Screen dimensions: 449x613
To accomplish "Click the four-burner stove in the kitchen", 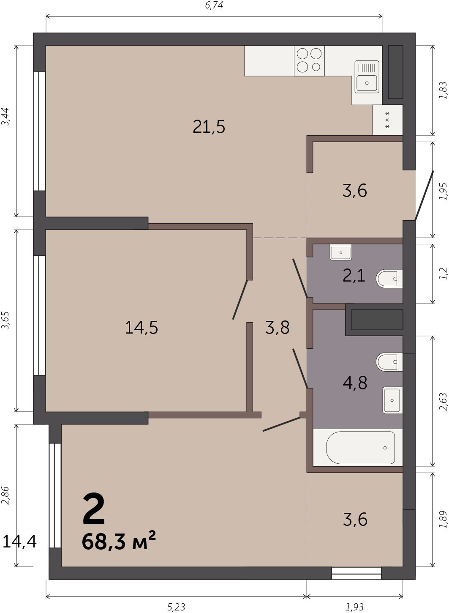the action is point(309,60).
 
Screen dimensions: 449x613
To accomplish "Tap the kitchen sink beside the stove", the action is point(367,77).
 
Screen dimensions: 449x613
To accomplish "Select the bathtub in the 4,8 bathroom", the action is point(360,448).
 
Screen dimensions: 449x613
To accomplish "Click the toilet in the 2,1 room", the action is point(389,279).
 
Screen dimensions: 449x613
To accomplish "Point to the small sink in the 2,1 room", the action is point(341,252).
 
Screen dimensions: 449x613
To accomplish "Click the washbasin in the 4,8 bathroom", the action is point(392,400).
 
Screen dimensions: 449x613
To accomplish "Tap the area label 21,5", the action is point(209,127).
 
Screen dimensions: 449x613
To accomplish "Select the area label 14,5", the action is point(142,327).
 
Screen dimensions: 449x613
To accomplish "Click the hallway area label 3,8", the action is point(277,327).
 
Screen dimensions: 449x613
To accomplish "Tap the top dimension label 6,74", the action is point(214,5).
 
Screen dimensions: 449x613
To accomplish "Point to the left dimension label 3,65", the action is point(5,320).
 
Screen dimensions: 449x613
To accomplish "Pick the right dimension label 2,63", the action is point(443,402).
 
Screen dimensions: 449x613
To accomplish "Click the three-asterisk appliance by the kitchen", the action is point(387,120).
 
